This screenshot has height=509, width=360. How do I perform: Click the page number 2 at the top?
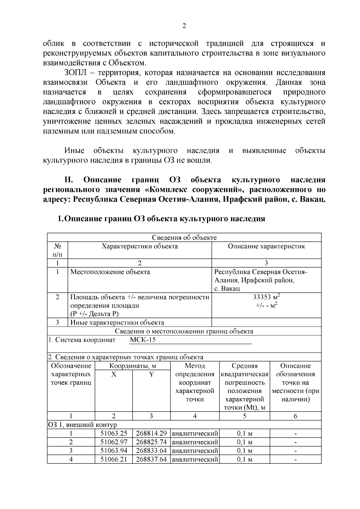click(184, 26)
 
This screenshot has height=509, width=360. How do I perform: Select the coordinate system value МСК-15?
click(143, 340)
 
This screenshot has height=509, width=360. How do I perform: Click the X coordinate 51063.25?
click(114, 433)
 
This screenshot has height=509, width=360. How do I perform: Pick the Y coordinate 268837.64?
click(151, 459)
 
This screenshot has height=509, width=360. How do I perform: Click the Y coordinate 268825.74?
click(151, 442)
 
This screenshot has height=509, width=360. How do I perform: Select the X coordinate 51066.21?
click(114, 459)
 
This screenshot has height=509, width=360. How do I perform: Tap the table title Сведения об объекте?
click(184, 238)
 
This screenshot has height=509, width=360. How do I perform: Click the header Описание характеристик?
click(266, 246)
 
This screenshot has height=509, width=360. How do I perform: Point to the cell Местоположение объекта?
click(110, 272)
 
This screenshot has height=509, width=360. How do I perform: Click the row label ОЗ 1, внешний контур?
click(82, 425)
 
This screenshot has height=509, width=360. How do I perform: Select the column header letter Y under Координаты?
click(151, 374)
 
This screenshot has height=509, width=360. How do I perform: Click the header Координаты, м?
click(133, 366)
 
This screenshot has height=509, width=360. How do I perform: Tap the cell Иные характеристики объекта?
click(117, 323)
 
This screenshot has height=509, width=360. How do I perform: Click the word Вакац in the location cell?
click(231, 289)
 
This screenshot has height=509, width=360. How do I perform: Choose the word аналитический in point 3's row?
click(195, 451)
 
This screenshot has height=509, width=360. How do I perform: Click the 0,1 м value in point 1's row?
click(244, 433)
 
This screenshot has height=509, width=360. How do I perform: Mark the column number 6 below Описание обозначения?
click(295, 416)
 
